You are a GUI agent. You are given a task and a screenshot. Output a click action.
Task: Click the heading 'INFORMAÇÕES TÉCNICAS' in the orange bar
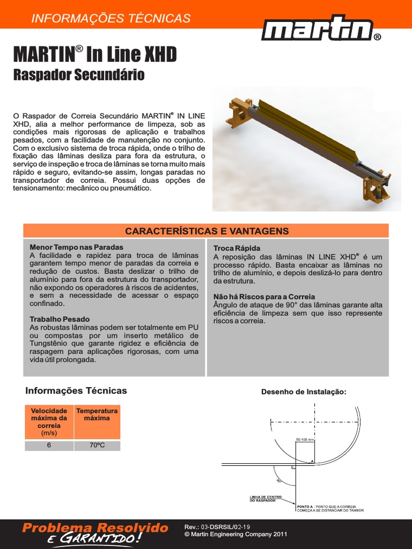tap(111, 18)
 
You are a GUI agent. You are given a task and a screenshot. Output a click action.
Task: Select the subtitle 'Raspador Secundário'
tap(78, 75)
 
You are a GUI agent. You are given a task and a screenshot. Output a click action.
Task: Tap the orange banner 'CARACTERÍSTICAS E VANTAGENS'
tap(207, 231)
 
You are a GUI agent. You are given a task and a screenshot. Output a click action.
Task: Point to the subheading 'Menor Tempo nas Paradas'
tap(76, 247)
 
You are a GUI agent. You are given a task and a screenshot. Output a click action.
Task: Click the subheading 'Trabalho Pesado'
tap(60, 319)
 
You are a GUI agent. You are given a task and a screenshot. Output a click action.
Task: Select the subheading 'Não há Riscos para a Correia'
tap(264, 296)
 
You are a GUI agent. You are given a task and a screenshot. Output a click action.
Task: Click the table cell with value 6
tap(49, 446)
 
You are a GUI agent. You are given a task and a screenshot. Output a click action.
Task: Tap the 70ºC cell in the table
tap(97, 446)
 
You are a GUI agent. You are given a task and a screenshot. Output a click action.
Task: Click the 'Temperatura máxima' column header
tap(97, 414)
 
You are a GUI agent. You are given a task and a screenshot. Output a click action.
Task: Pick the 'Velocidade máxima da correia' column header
tap(49, 421)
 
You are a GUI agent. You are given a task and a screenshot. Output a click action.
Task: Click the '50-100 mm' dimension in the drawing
tap(304, 440)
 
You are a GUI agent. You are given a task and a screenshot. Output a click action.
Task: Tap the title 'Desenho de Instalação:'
tap(304, 392)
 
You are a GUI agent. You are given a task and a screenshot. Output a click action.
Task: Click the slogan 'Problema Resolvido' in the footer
tap(95, 529)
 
